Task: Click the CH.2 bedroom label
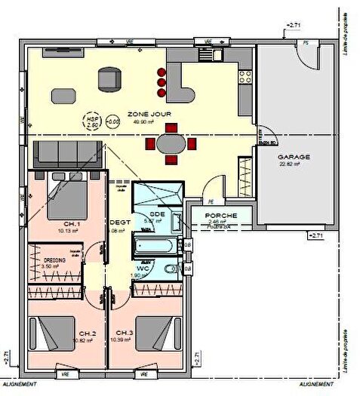pos(87,333)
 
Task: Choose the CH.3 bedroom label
pos(125,333)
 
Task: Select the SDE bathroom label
pos(157,213)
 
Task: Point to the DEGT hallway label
pos(119,223)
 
